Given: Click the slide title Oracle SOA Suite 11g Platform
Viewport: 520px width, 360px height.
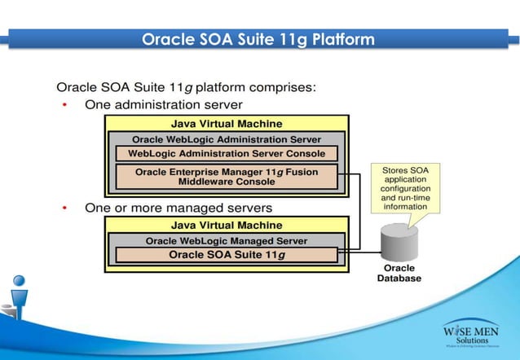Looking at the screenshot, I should (258, 39).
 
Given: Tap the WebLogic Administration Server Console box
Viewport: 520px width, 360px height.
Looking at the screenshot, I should (227, 153).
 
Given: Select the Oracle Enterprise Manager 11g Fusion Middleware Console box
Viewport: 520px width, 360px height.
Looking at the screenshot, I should (227, 176).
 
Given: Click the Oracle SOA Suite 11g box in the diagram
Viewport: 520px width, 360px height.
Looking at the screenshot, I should (227, 254).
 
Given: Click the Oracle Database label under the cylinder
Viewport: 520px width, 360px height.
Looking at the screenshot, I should (399, 273).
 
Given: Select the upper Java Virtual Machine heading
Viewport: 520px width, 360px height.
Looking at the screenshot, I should (227, 124).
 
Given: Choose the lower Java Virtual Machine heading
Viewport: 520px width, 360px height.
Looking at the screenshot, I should (227, 225).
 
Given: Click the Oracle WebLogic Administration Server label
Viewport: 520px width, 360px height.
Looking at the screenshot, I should (227, 139).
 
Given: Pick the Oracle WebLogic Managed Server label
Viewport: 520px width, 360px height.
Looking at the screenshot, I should (227, 240).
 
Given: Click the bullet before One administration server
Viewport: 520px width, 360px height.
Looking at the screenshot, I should (64, 105).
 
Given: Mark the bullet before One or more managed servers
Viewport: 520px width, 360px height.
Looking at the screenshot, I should (64, 208).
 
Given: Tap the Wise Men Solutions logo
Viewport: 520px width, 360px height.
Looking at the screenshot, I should (473, 334).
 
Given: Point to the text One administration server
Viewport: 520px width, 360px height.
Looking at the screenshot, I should (163, 105).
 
